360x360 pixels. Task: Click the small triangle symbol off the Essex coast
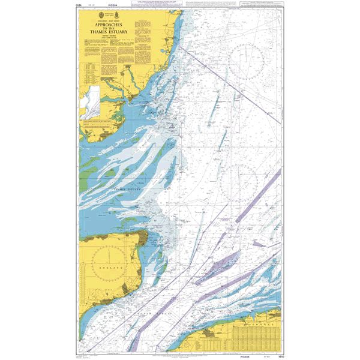pyautogui.click(x=172, y=127)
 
